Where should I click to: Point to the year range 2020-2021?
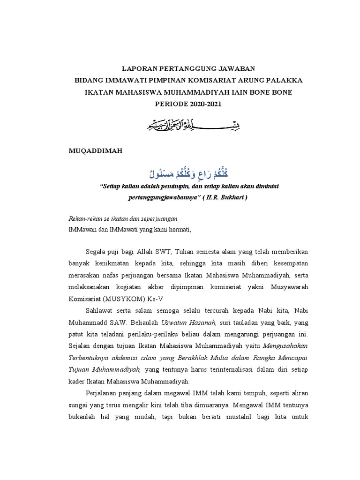(199, 104)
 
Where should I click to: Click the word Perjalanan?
(103, 393)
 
